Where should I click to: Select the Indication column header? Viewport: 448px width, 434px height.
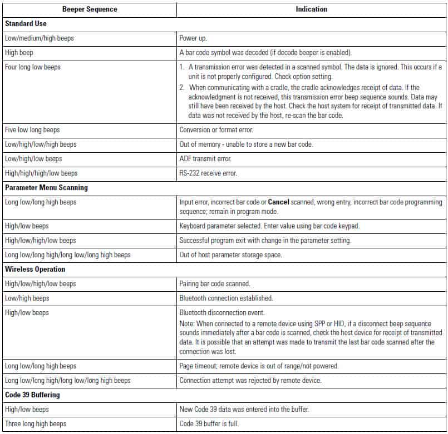coord(311,9)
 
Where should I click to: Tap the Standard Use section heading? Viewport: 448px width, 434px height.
coord(26,24)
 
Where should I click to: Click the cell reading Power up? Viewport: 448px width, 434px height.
coord(193,38)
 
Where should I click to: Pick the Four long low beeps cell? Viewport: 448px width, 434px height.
coord(33,67)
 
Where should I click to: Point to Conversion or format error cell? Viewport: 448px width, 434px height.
coord(216,130)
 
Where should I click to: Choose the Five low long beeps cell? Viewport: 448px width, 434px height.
coord(32,130)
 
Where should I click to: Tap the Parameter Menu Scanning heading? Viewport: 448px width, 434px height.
coord(46,188)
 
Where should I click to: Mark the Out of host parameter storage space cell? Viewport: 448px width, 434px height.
coord(231,255)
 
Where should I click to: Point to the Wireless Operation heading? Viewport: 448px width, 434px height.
coord(35,270)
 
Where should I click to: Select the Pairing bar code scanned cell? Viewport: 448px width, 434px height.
coord(214,284)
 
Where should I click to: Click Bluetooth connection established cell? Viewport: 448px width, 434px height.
coord(226,298)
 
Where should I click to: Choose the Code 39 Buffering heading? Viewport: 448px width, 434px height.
coord(32,395)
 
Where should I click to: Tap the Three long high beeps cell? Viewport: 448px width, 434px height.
coord(36,424)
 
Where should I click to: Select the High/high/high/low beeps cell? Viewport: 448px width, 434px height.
coord(41,173)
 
